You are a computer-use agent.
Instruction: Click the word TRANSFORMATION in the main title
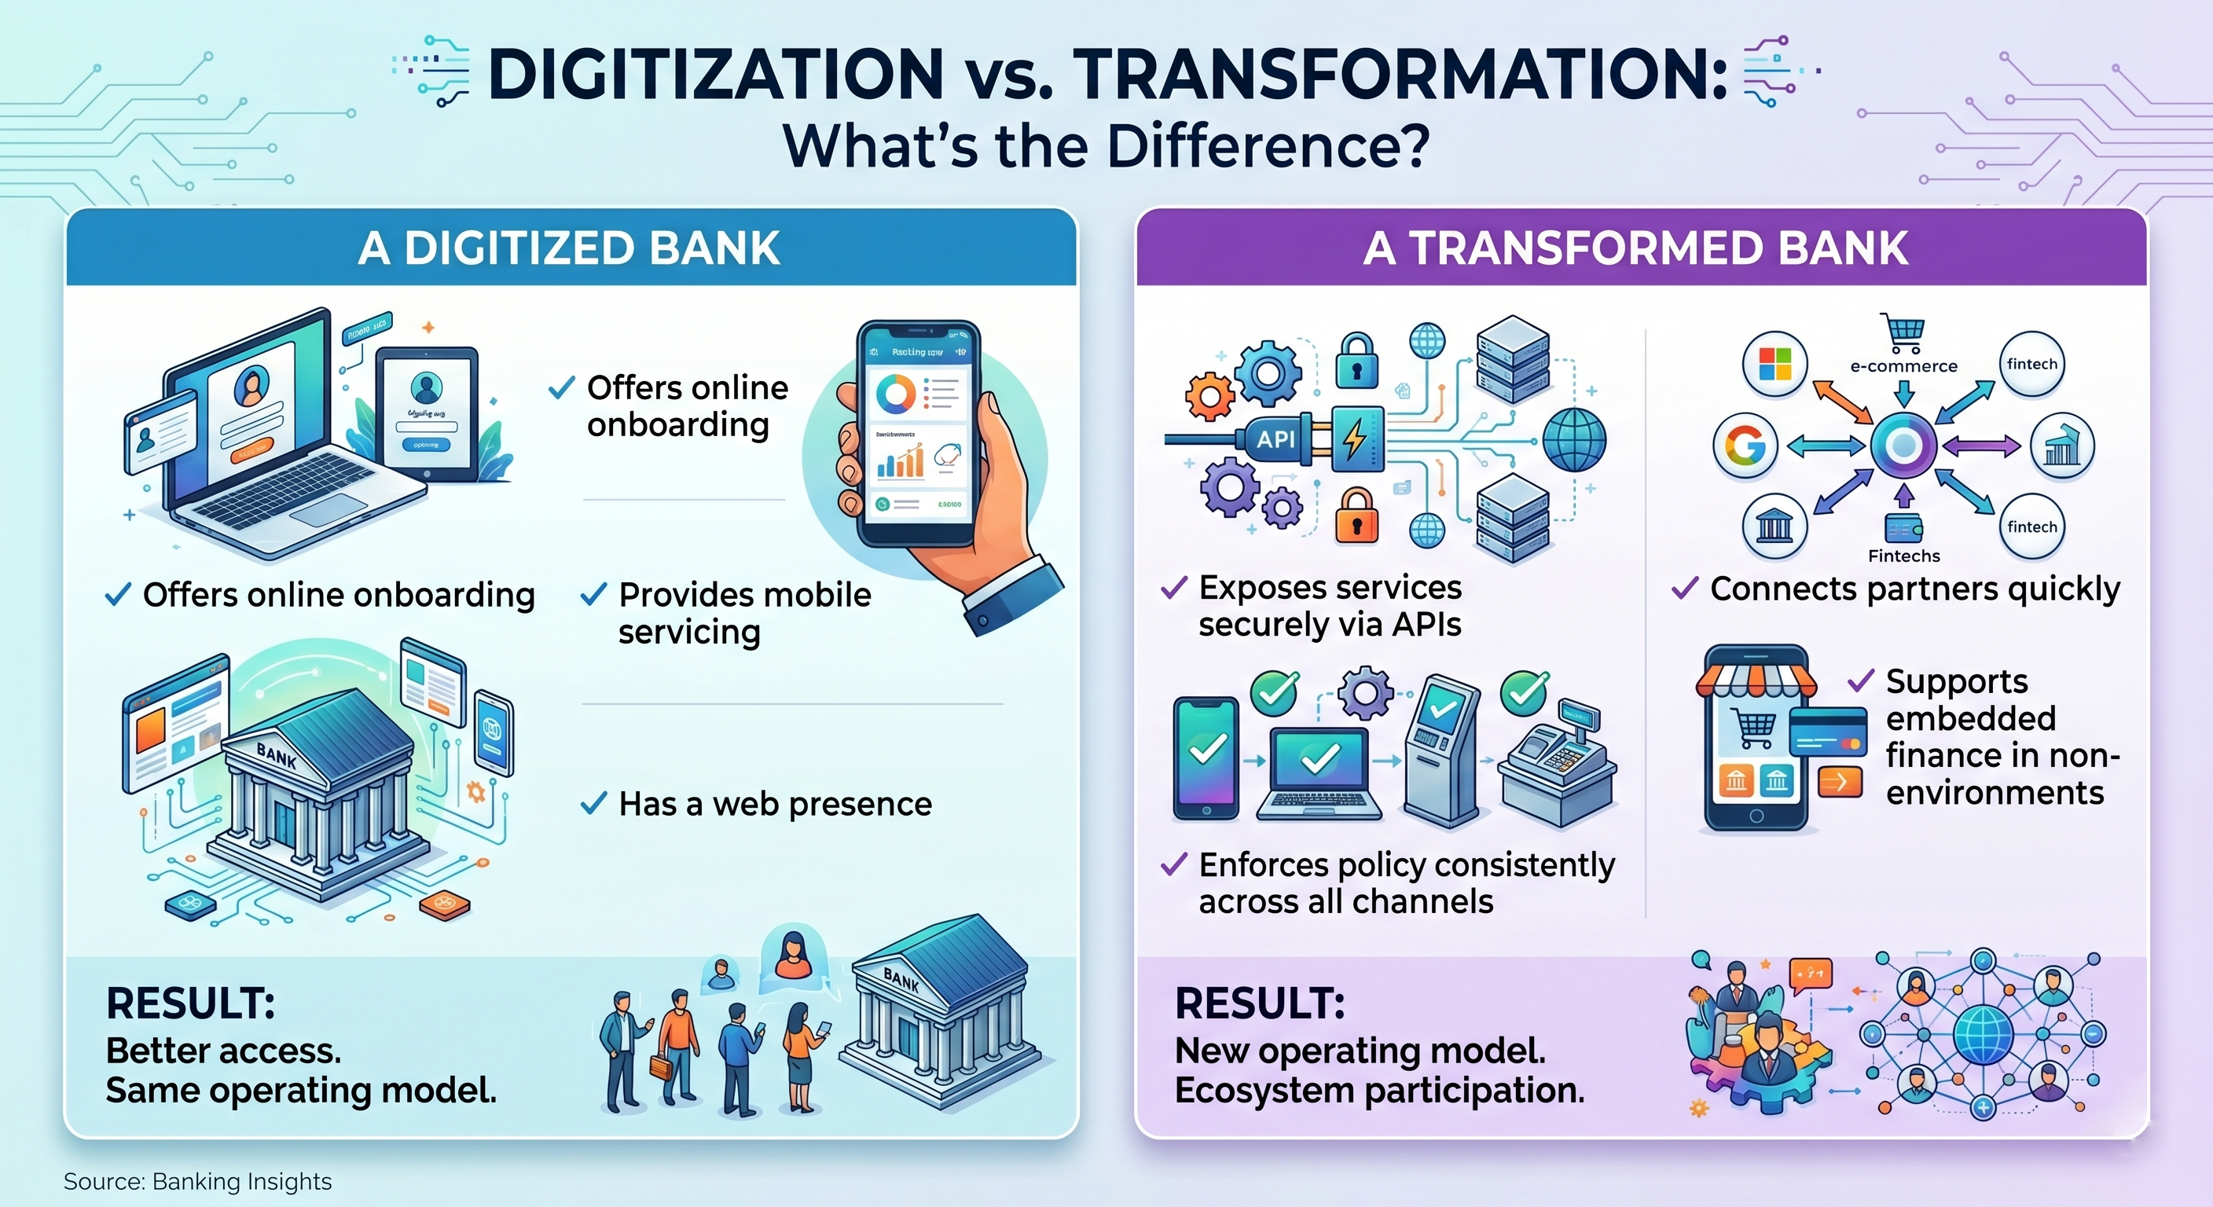pos(1400,75)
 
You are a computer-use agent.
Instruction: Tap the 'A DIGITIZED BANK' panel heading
pos(569,248)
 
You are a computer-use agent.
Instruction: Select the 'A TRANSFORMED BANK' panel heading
pos(1635,248)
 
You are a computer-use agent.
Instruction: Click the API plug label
pos(1275,439)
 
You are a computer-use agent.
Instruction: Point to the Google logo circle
pos(1745,445)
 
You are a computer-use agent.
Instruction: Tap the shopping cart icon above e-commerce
pos(1903,332)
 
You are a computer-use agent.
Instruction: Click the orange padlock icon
pos(1356,515)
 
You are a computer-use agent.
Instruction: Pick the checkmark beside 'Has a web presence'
pos(593,804)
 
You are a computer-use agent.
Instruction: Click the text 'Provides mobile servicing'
pos(744,612)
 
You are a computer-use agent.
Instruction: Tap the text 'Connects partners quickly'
pos(1915,589)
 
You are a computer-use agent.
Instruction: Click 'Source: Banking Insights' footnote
pos(197,1181)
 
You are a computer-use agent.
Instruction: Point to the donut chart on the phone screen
pos(896,394)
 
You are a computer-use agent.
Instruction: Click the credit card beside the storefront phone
pos(1828,731)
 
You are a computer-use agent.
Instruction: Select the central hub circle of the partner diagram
pos(1903,445)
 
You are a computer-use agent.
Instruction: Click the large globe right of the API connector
pos(1574,439)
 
